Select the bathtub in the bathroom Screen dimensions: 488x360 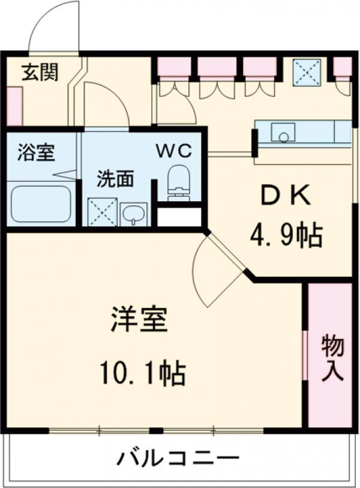41,203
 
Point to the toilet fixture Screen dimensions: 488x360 178,182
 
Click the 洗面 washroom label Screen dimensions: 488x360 115,179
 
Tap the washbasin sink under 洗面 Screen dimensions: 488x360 133,214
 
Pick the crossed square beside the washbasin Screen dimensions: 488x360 102,212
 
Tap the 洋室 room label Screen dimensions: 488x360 139,321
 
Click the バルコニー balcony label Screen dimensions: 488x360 178,459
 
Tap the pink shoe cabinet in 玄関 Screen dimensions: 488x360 14,106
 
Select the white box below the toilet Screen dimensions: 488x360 179,217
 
